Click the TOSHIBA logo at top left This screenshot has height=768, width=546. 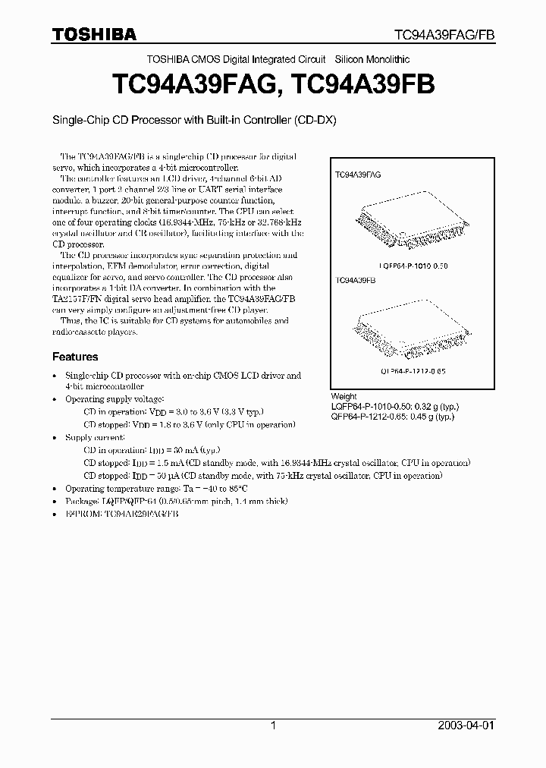[94, 34]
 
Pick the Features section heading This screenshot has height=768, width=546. [75, 356]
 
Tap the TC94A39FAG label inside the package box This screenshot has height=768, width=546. [358, 175]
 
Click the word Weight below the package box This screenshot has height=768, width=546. [344, 397]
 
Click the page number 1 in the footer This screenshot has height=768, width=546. [273, 726]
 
